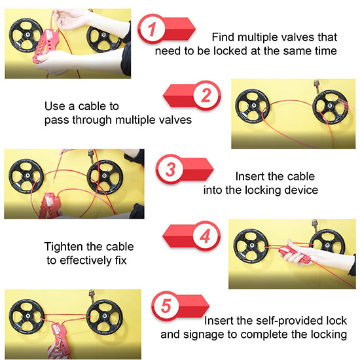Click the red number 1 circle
click(152, 29)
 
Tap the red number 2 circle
click(206, 95)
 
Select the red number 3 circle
click(170, 170)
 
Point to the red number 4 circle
click(205, 236)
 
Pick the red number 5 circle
click(166, 306)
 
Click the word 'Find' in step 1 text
click(223, 37)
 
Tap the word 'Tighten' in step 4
click(63, 247)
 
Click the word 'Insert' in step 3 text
click(249, 177)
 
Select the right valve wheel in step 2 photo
click(330, 107)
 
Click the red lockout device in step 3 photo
click(48, 206)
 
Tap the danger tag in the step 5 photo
click(57, 351)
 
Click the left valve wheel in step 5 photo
click(27, 316)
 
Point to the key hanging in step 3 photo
click(91, 156)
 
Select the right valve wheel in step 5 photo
click(105, 317)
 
